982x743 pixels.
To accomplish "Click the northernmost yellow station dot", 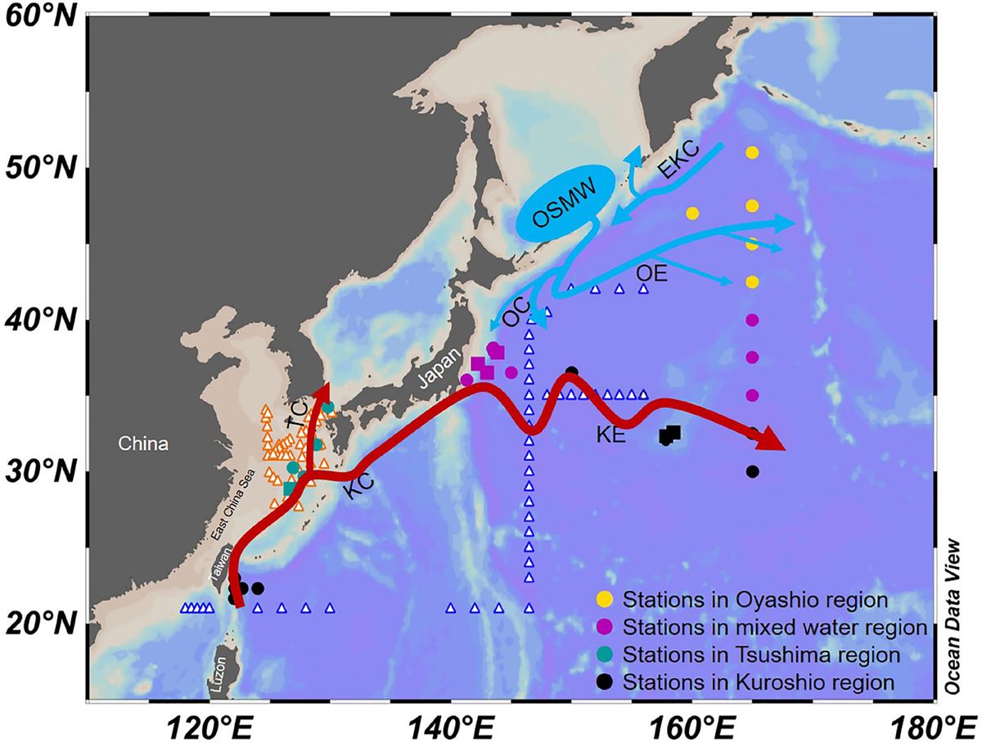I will click(752, 152).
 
